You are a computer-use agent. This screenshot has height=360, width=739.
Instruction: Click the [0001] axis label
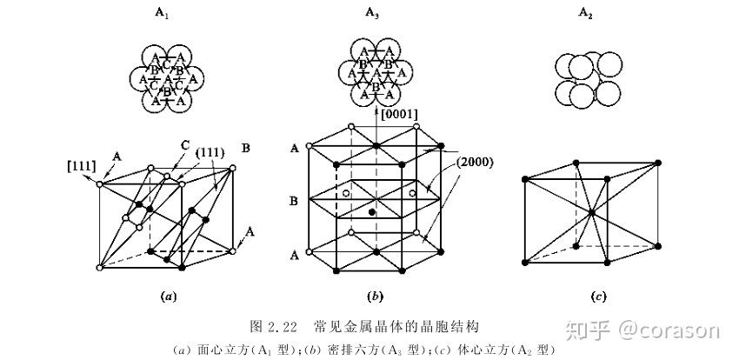400,115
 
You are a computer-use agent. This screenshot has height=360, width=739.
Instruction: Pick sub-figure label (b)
375,297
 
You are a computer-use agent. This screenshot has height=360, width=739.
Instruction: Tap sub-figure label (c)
598,297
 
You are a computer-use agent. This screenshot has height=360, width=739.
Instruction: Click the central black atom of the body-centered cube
591,212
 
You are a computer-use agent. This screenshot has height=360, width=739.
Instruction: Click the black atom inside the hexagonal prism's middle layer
373,212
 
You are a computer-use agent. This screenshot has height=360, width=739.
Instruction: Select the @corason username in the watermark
670,330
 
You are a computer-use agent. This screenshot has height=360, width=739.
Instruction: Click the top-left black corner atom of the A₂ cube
523,179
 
